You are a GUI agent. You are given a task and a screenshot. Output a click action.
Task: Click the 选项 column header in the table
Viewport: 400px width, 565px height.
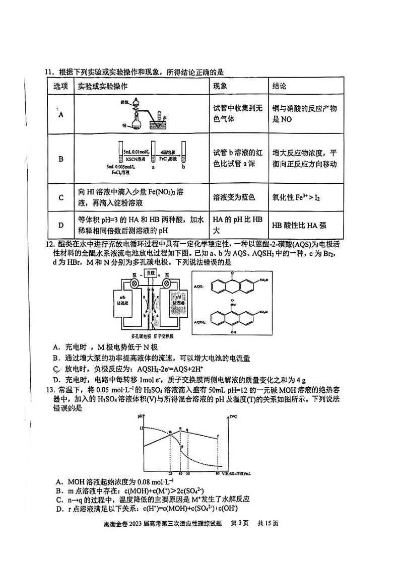(61, 86)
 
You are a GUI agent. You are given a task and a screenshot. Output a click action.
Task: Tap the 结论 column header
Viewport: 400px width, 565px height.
(280, 86)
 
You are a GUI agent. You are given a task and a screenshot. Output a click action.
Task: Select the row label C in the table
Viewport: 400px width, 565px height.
(61, 197)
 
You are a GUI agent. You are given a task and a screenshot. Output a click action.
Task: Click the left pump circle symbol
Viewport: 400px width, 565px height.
(135, 284)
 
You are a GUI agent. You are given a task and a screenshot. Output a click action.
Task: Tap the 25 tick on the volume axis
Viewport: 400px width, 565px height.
(171, 473)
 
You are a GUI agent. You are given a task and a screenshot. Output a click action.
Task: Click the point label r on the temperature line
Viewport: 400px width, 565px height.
(218, 436)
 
